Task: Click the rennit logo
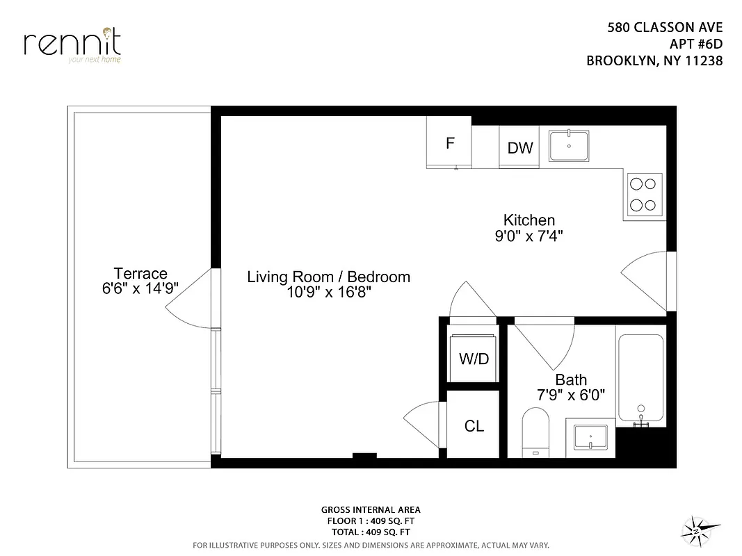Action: pyautogui.click(x=72, y=44)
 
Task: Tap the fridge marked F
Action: pyautogui.click(x=450, y=143)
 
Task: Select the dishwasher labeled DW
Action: pyautogui.click(x=519, y=147)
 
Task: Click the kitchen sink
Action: pyautogui.click(x=569, y=145)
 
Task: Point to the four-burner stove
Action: pyautogui.click(x=643, y=195)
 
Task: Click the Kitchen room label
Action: pyautogui.click(x=529, y=220)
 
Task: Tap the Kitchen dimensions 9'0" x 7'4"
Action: pyautogui.click(x=529, y=236)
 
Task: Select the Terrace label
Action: pyautogui.click(x=140, y=273)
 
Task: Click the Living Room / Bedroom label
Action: pyautogui.click(x=328, y=277)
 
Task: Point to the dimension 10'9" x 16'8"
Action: pyautogui.click(x=328, y=293)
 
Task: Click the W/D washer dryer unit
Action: pyautogui.click(x=474, y=359)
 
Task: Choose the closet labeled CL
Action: pyautogui.click(x=474, y=426)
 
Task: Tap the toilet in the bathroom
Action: pyautogui.click(x=535, y=432)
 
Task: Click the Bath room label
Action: pyautogui.click(x=571, y=380)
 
